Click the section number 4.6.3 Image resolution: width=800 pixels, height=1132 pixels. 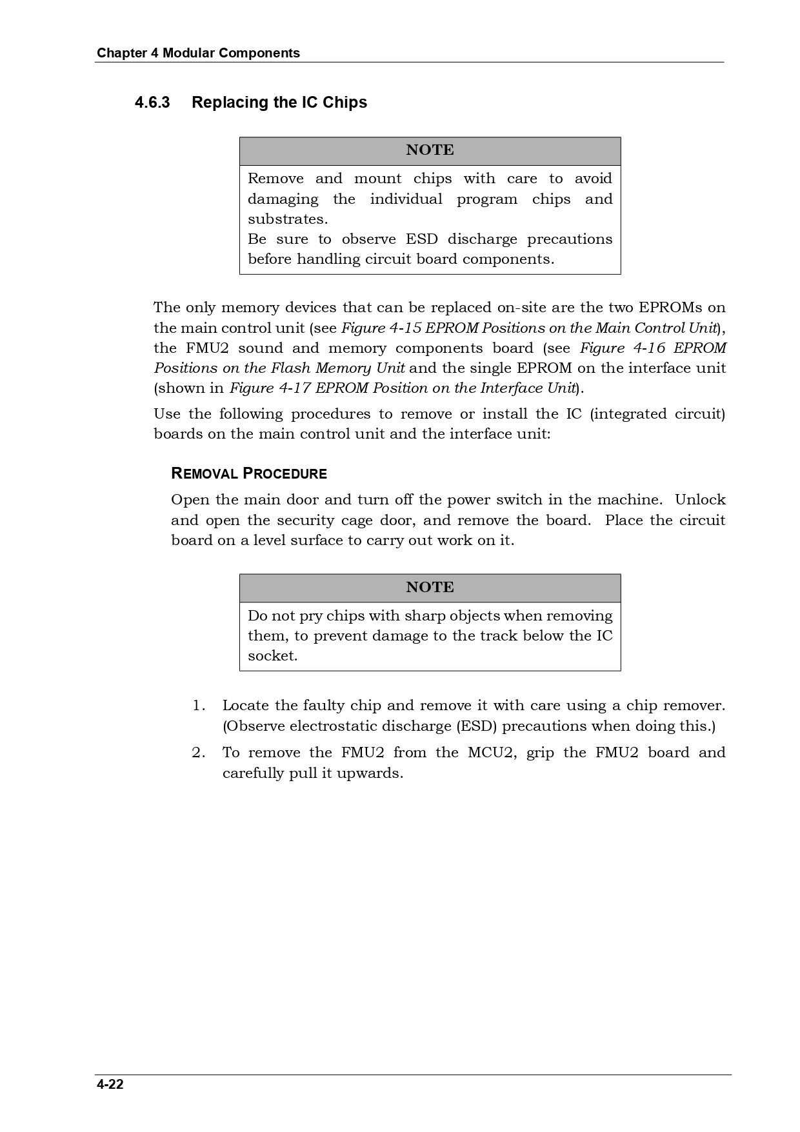coord(152,103)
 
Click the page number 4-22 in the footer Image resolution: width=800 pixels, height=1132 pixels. coord(110,1084)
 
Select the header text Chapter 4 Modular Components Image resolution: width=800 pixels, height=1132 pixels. coord(198,53)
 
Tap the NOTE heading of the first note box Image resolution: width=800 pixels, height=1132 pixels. coord(430,150)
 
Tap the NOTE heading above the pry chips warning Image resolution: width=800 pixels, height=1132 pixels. coord(430,588)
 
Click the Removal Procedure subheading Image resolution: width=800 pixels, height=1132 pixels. coord(249,474)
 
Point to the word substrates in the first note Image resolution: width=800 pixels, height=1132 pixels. coord(287,219)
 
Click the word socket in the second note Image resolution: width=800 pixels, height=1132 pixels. coord(272,656)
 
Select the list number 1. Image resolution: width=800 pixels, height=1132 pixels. coord(199,706)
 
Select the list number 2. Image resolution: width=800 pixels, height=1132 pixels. coord(199,753)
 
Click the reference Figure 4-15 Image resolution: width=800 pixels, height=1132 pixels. coord(381,328)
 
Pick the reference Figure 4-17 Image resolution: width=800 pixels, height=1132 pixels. coord(270,388)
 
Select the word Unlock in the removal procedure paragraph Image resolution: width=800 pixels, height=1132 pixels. coord(700,500)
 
